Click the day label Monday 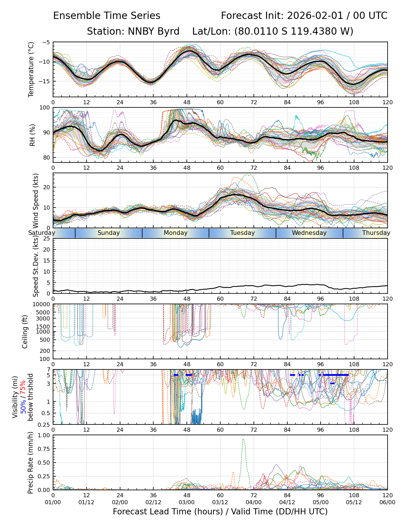175,233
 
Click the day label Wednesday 309,233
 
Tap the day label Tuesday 242,233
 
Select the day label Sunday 109,233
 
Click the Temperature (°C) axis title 31,69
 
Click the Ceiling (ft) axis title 25,332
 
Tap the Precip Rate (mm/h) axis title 31,463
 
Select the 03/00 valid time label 187,502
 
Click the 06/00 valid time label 387,502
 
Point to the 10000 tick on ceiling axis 42,305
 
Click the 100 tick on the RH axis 45,108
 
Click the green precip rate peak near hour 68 243,440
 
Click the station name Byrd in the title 168,31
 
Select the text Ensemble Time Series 107,16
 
